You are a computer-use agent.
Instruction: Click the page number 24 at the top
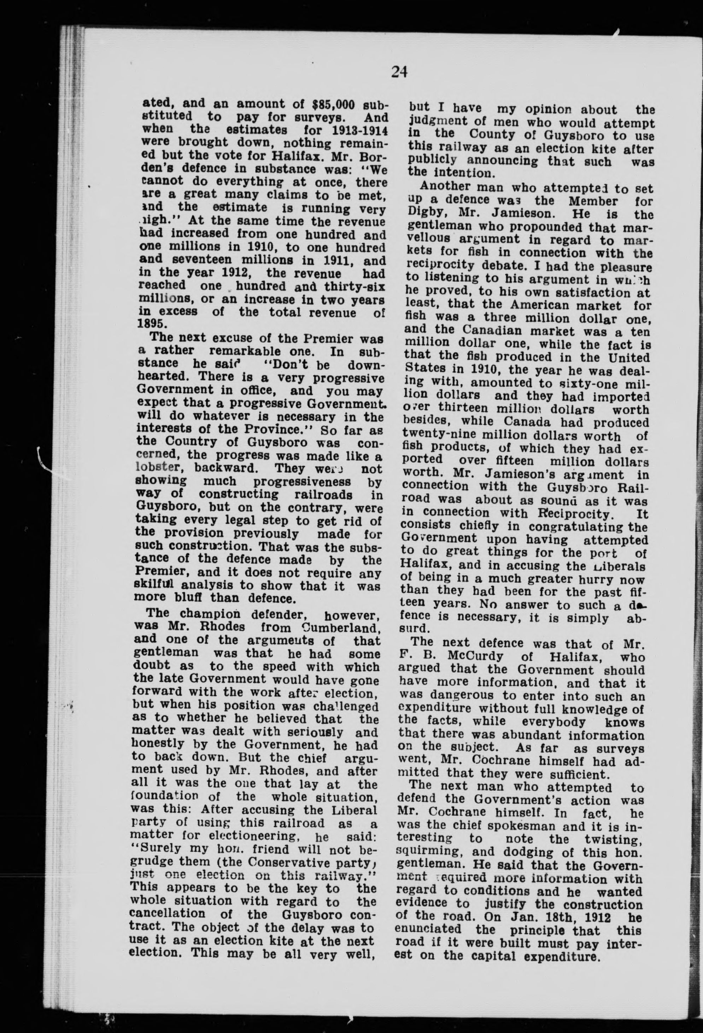(399, 71)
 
